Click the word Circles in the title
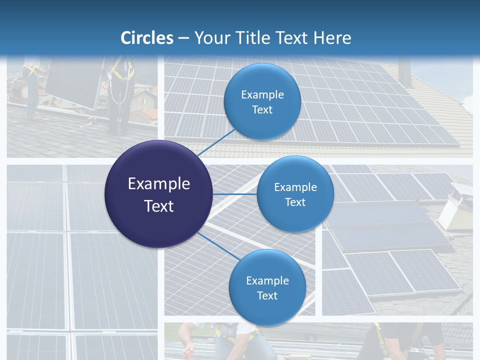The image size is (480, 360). [x=147, y=38]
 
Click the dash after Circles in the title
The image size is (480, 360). [x=183, y=38]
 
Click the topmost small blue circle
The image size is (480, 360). [x=262, y=102]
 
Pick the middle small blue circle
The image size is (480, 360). [x=295, y=194]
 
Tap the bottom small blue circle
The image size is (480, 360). [x=267, y=287]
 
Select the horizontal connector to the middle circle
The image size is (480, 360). [x=234, y=194]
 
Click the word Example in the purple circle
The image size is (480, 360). [x=159, y=184]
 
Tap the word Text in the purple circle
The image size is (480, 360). [x=159, y=206]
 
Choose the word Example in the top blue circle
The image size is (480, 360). [x=262, y=94]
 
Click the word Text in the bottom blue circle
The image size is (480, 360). [x=267, y=295]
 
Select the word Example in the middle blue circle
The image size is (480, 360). [x=295, y=187]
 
